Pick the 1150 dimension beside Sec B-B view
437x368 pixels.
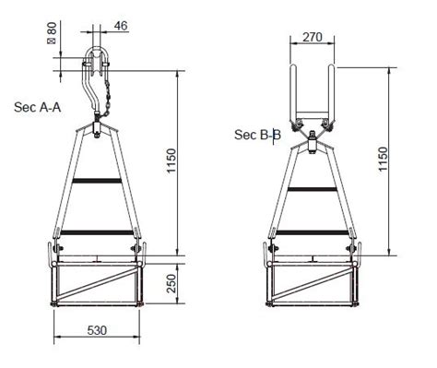click(x=403, y=161)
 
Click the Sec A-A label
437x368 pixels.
click(x=38, y=107)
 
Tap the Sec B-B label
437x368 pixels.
click(x=257, y=135)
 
